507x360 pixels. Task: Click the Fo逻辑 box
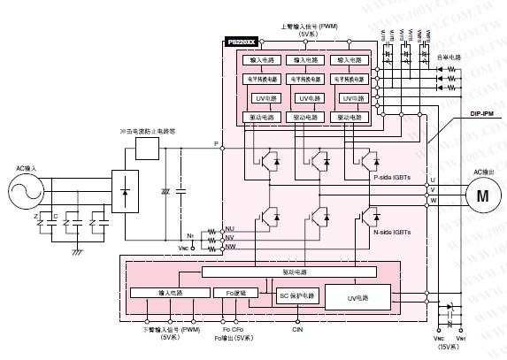[236, 291]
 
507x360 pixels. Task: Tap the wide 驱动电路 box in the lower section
[295, 272]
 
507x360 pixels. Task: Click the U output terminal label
[433, 179]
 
